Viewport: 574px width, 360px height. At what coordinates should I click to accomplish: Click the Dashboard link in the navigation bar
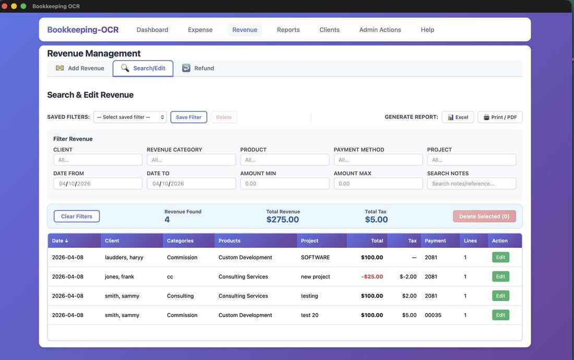(152, 30)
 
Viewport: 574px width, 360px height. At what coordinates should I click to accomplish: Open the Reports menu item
(288, 30)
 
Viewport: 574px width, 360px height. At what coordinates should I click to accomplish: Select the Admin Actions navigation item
(380, 30)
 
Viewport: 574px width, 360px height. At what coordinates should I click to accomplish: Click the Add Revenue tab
(80, 68)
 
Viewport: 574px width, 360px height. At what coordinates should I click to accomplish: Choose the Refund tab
(198, 68)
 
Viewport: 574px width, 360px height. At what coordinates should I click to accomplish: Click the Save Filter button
(188, 117)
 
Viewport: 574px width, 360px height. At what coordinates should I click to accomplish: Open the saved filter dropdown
(130, 117)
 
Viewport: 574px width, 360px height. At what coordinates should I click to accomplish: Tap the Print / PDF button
(499, 117)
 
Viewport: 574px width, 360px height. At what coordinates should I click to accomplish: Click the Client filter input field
(98, 160)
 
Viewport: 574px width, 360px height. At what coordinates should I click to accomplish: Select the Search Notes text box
(471, 184)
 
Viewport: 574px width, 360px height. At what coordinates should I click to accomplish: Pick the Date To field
(191, 184)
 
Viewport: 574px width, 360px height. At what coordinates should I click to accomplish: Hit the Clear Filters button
(77, 217)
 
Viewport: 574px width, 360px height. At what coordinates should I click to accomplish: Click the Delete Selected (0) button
(484, 217)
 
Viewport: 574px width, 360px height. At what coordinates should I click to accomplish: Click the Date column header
(60, 241)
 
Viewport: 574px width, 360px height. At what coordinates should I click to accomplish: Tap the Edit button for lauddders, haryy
(500, 257)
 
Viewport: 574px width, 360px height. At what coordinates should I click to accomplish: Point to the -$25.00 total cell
(372, 277)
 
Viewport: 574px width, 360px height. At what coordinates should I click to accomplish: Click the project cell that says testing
(309, 296)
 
